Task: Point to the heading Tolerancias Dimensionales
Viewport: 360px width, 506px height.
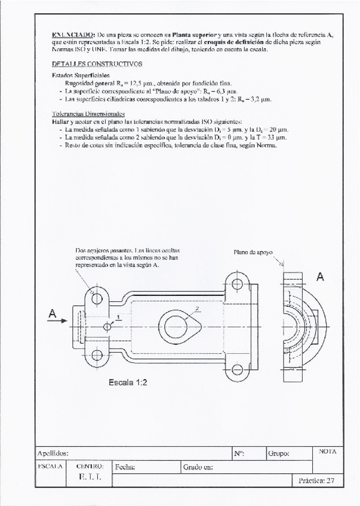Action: [x=88, y=113]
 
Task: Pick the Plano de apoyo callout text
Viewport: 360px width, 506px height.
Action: [x=253, y=252]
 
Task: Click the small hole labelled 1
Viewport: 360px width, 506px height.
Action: [x=107, y=326]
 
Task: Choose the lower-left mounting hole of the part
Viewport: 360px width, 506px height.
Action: [x=97, y=359]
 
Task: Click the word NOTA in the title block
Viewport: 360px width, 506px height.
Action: [x=328, y=451]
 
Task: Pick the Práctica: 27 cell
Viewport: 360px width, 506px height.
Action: [x=317, y=480]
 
